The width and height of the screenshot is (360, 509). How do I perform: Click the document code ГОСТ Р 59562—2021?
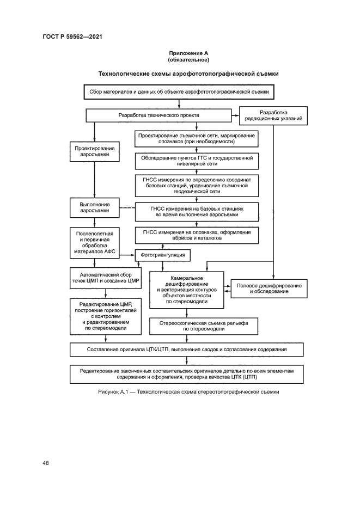(72, 36)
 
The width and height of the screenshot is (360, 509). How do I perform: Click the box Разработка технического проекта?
(158, 115)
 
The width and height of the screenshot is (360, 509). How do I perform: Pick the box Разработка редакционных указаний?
(274, 115)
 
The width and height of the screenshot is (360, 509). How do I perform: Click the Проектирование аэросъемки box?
(94, 151)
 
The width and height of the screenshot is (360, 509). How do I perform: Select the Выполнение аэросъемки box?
(94, 207)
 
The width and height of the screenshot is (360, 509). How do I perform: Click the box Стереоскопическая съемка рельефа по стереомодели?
(196, 326)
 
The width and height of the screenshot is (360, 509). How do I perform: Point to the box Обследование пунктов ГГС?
(196, 161)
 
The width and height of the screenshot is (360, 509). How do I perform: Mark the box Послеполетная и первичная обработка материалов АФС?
(94, 243)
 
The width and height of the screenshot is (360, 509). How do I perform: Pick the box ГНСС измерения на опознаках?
(196, 235)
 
